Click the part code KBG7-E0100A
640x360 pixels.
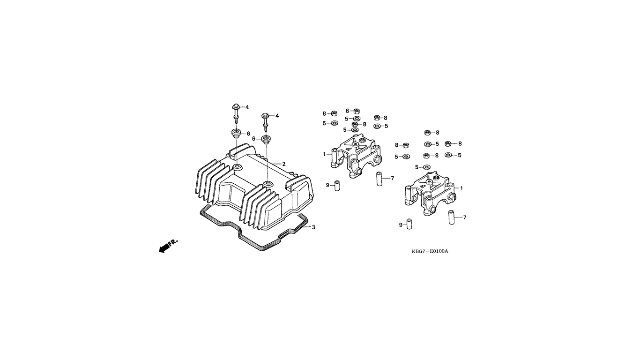(430, 251)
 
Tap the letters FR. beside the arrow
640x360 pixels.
(173, 242)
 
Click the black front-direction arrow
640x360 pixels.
(164, 248)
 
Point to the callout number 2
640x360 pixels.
(284, 164)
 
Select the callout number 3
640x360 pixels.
(313, 227)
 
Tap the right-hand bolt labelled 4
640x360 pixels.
(266, 122)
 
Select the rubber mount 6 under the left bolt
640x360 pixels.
(237, 134)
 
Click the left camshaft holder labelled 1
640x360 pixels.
(356, 156)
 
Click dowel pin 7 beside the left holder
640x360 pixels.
(379, 179)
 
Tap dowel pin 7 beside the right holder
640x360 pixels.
(452, 217)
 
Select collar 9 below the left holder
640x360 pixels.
(337, 186)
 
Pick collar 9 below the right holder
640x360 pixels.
(409, 225)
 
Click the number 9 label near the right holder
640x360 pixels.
(401, 225)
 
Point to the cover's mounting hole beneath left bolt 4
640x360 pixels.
(237, 166)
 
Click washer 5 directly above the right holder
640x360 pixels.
(427, 167)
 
